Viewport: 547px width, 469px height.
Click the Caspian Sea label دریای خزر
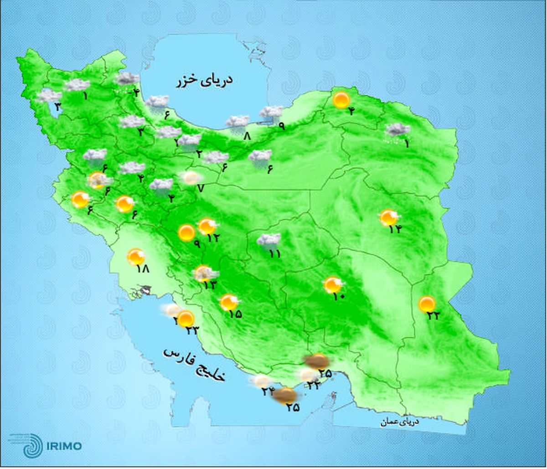coord(205,81)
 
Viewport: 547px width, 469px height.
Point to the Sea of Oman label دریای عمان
coord(400,422)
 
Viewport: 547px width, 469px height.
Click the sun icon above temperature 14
coord(389,217)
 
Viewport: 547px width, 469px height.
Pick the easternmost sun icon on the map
coord(427,304)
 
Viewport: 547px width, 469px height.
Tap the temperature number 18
coord(143,269)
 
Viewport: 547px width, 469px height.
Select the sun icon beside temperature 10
coord(333,285)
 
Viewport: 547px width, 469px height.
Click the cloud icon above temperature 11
coord(268,240)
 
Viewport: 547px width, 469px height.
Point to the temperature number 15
coord(235,314)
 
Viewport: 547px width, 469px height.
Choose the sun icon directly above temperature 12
coord(207,226)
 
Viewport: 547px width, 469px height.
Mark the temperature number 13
coord(210,285)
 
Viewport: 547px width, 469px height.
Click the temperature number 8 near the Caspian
coord(248,135)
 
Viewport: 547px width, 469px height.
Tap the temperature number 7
coord(200,188)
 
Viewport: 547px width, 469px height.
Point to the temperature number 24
coord(267,391)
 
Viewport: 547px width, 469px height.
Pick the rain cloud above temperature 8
coord(237,122)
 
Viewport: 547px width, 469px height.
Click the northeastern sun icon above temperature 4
coord(341,100)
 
